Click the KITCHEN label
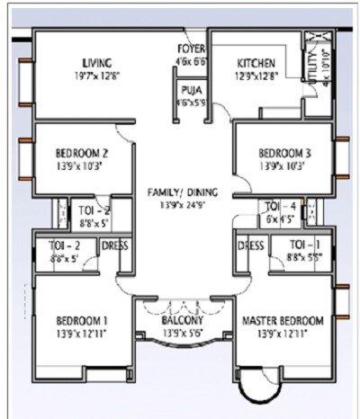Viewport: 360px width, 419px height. (257, 63)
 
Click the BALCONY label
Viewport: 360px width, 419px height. (184, 321)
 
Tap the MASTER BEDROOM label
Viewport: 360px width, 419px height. (283, 321)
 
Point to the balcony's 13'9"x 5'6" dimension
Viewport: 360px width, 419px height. (184, 334)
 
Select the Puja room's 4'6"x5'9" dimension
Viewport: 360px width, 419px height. (190, 102)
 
